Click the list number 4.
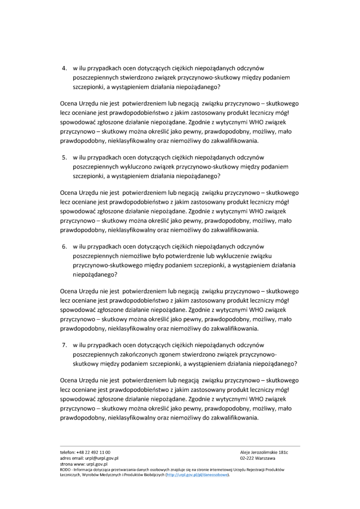pyautogui.click(x=64, y=68)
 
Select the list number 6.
pyautogui.click(x=64, y=246)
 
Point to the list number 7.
pyautogui.click(x=64, y=344)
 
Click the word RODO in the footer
pyautogui.click(x=65, y=469)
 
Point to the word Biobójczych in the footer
pyautogui.click(x=151, y=474)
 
